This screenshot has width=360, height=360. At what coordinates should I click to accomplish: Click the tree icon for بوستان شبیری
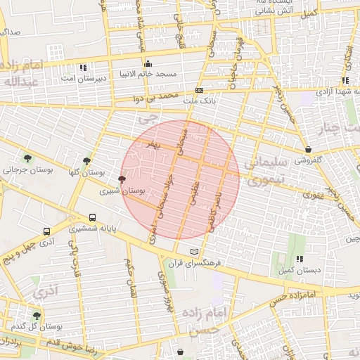point(122,180)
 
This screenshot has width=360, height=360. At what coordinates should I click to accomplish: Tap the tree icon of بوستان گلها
point(87,162)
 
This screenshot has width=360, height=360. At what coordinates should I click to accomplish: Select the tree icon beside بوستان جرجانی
point(27,159)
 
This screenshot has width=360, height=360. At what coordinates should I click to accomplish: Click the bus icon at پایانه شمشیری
point(93,218)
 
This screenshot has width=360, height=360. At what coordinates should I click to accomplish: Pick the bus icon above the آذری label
point(47,231)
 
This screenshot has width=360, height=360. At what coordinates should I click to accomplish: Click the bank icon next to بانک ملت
point(200,91)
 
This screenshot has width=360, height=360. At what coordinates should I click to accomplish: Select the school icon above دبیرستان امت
point(84,68)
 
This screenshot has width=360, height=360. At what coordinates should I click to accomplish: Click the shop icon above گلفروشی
point(309,149)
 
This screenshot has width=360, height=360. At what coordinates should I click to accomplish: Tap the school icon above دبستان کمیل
point(300,259)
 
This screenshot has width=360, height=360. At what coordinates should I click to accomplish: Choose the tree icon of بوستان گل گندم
point(37,316)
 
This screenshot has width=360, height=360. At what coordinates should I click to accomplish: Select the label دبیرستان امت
point(82,78)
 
